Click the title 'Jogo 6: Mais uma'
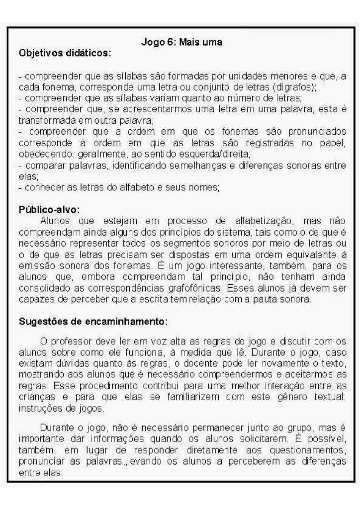click(x=181, y=42)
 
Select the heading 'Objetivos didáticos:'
click(x=64, y=53)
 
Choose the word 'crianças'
click(x=34, y=396)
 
